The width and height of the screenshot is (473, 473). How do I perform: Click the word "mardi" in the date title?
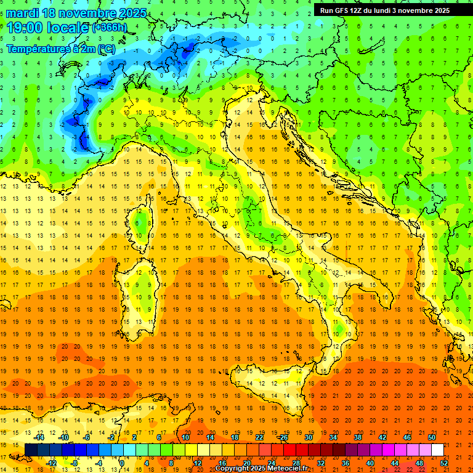click(x=22, y=13)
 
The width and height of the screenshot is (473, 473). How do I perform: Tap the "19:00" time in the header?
click(x=25, y=28)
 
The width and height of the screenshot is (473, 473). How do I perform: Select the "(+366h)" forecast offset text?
click(x=110, y=28)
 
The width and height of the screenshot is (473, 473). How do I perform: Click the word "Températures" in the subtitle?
click(x=38, y=48)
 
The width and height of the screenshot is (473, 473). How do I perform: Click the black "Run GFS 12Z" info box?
click(x=384, y=10)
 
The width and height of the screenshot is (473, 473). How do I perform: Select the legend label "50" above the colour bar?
click(x=432, y=437)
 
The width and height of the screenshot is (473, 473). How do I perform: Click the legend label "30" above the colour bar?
click(x=308, y=437)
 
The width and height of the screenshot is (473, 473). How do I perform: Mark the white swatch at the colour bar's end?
click(x=437, y=450)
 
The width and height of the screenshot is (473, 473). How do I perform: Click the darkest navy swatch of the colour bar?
click(x=31, y=450)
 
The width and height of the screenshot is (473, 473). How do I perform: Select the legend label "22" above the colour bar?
click(x=259, y=437)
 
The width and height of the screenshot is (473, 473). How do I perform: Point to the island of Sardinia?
click(x=140, y=289)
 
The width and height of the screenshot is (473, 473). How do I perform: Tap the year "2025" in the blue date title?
click(x=132, y=13)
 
